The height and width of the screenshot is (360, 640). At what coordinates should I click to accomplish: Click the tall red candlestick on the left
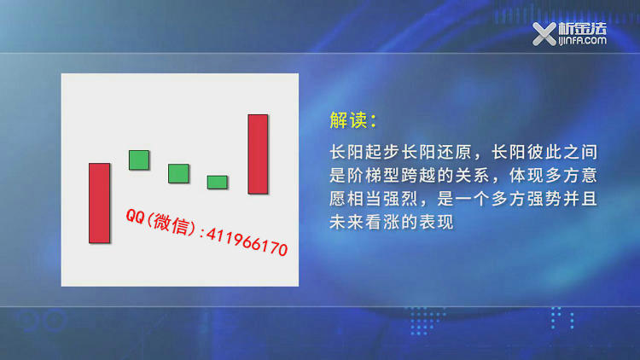[x=100, y=203]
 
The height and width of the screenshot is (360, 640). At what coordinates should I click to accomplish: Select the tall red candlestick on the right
[x=258, y=154]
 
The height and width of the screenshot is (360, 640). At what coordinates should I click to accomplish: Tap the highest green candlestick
[x=139, y=160]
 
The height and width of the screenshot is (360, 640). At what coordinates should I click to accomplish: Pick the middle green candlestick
[x=179, y=173]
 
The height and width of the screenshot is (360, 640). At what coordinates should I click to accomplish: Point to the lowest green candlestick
[x=217, y=182]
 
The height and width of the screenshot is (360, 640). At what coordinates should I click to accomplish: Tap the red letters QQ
[x=135, y=217]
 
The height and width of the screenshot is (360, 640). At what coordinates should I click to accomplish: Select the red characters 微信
[x=171, y=224]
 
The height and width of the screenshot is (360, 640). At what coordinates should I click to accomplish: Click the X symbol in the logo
[x=544, y=34]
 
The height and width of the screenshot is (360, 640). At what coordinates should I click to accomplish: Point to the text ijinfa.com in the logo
[x=582, y=40]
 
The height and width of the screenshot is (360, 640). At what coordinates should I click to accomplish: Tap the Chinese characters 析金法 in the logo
[x=583, y=28]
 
